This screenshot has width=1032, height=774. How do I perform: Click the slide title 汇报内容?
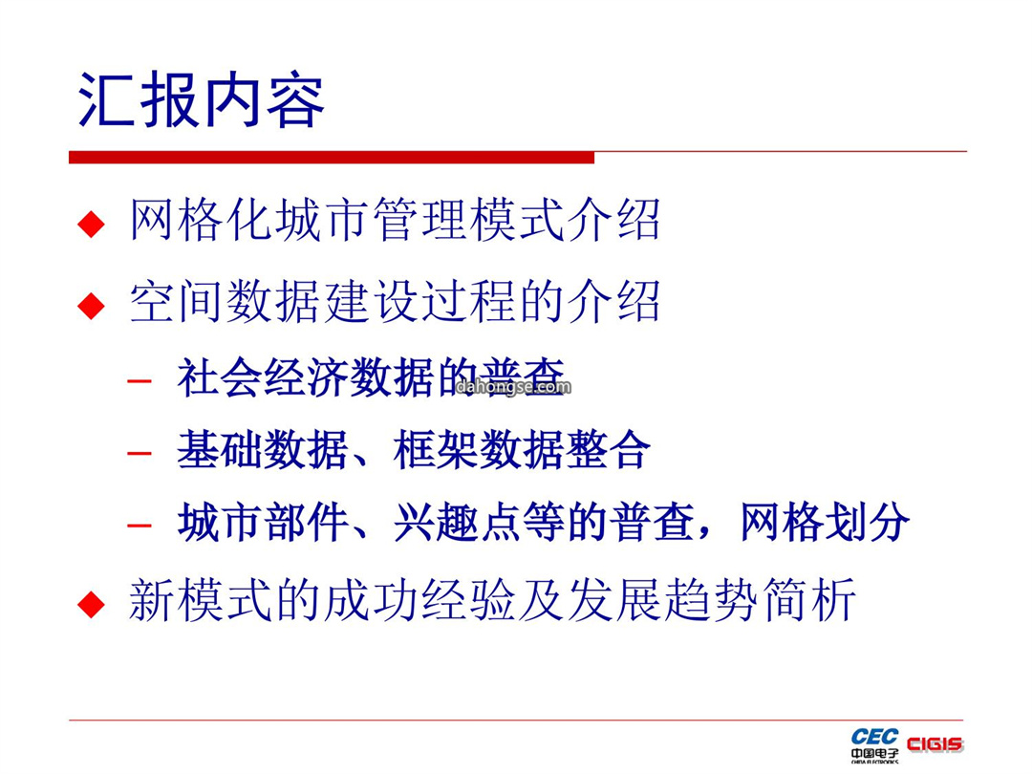click(201, 100)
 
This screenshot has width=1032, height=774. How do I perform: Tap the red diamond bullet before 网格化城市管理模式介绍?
click(91, 224)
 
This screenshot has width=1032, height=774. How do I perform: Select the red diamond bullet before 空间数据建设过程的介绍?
click(91, 306)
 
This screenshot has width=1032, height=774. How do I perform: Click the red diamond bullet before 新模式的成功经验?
click(91, 604)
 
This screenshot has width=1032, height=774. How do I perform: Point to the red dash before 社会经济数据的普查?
click(140, 380)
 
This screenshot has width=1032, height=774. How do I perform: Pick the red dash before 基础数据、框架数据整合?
click(140, 453)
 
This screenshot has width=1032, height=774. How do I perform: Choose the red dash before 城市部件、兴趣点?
click(140, 526)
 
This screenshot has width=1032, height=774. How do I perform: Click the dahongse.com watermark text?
click(513, 386)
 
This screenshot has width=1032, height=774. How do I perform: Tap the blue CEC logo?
click(874, 737)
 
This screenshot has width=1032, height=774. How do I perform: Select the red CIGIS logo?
click(935, 744)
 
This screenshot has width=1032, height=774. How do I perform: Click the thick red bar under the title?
click(332, 158)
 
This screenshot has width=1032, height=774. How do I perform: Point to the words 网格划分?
click(826, 523)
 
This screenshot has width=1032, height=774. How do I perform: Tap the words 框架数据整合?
click(522, 450)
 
